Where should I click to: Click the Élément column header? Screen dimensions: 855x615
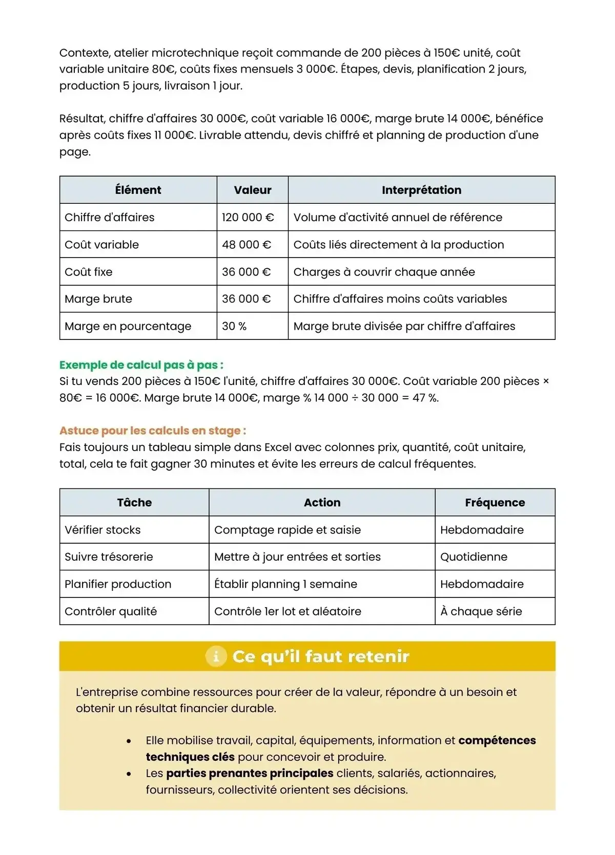[x=138, y=190]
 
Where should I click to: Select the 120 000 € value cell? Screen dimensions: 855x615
[x=248, y=217]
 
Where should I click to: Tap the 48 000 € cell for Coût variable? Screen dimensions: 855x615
[x=246, y=245]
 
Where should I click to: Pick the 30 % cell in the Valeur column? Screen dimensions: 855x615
[x=234, y=326]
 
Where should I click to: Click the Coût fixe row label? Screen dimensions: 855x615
[x=88, y=272]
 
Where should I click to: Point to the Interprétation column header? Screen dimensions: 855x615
[x=421, y=190]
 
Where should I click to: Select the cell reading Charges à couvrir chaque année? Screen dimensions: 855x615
[x=384, y=272]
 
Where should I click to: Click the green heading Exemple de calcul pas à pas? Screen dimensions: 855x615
[x=141, y=365]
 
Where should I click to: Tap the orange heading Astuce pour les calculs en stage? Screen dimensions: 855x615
[x=152, y=431]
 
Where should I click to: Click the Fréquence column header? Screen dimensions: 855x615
[x=495, y=502]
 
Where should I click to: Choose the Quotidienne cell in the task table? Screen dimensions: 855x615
[x=474, y=557]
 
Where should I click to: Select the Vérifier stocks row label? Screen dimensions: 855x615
[x=102, y=530]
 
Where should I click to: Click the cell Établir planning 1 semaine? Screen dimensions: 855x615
[x=285, y=584]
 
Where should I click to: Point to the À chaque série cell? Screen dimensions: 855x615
[x=481, y=611]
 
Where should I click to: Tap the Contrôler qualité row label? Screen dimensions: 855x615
[x=111, y=611]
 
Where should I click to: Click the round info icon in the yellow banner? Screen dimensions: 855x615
[x=216, y=656]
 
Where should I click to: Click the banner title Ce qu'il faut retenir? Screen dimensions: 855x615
[x=320, y=656]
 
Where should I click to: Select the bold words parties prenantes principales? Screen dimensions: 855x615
[x=250, y=773]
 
